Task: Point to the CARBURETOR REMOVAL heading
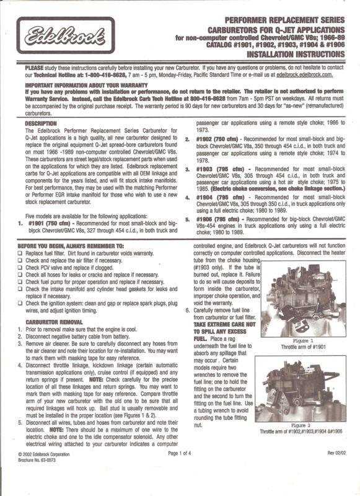click(x=47, y=322)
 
